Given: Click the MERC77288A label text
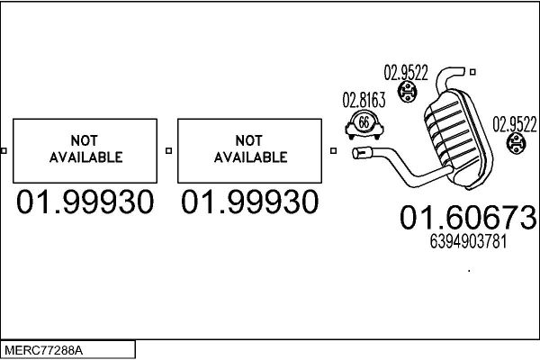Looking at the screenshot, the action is [43, 351].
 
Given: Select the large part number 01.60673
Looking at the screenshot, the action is [468, 218].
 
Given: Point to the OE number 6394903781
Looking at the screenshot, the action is [468, 241].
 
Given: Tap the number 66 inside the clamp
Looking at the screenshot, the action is [364, 122].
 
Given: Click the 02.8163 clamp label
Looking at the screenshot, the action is [364, 100].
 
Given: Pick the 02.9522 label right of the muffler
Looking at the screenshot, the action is [515, 124].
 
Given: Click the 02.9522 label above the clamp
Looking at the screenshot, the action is [406, 73].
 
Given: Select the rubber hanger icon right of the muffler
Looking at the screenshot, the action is [516, 143].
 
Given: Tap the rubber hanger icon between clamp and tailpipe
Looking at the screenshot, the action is [407, 91].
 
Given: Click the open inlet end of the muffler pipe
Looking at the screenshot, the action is [357, 153].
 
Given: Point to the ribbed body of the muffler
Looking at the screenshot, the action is [457, 138].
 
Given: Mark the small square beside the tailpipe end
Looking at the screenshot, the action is [472, 72].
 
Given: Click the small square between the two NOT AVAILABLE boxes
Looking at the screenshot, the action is [168, 150].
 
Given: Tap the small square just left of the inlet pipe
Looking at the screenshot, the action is [333, 150].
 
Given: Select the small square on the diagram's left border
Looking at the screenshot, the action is [4, 150].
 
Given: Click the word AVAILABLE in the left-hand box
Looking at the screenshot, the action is [85, 157].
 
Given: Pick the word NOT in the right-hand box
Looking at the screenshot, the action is [249, 140].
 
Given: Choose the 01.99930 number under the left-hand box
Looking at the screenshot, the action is [85, 202].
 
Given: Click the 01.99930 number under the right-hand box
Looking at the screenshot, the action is [249, 202].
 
